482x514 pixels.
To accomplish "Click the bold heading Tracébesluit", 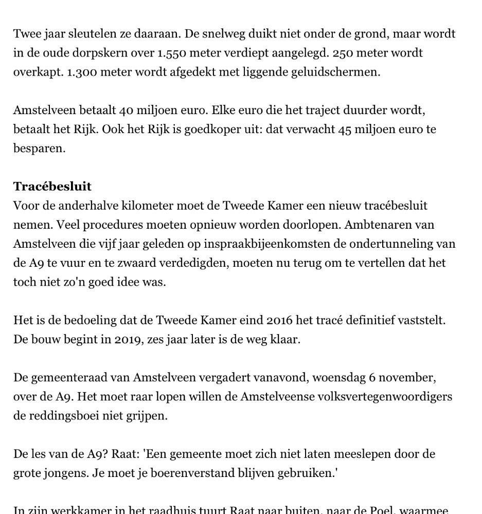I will (x=52, y=186).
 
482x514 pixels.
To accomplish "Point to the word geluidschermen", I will (x=341, y=72).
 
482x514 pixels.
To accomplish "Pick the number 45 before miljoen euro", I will (x=345, y=129).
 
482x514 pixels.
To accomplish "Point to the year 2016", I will (x=279, y=320).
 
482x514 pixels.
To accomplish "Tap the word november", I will (x=412, y=377).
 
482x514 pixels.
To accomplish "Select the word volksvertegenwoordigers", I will (x=379, y=396).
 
